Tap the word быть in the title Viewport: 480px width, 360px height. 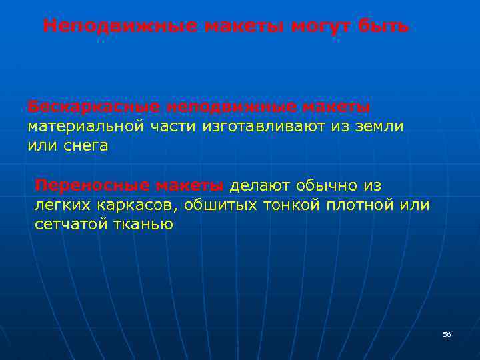[383, 27]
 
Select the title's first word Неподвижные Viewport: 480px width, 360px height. [119, 27]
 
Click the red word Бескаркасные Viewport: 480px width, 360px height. [94, 107]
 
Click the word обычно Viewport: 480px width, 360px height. [331, 185]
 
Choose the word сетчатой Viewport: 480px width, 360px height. [71, 224]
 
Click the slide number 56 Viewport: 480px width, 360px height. [447, 334]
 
